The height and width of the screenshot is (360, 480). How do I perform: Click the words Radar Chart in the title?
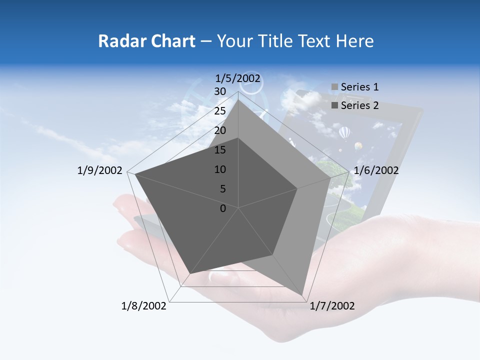(x=146, y=41)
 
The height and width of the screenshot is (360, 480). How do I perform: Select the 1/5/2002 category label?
(x=238, y=78)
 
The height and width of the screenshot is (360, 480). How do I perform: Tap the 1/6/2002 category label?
(x=376, y=170)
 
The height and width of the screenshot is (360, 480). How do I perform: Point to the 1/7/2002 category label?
(x=332, y=306)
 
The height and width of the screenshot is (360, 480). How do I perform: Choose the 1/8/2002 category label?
(x=144, y=306)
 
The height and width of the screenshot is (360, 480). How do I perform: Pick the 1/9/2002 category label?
(x=100, y=170)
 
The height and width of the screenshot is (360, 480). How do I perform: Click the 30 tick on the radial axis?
(x=219, y=91)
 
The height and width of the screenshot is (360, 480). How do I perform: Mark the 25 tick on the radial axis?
(x=219, y=111)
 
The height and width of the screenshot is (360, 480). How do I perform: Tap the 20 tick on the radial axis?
(x=219, y=130)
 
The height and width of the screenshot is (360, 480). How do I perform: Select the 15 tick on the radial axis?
(x=219, y=150)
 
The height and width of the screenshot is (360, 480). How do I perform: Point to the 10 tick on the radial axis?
(x=219, y=169)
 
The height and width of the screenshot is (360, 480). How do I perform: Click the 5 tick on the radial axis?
(x=222, y=189)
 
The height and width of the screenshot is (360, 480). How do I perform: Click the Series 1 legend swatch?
(x=335, y=87)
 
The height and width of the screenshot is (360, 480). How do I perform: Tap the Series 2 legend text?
(x=359, y=105)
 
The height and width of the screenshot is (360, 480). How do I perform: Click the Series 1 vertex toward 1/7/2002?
(x=302, y=294)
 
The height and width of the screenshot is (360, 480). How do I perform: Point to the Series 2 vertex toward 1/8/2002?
(x=190, y=273)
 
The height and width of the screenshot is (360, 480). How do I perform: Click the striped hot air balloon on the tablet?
(x=344, y=133)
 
